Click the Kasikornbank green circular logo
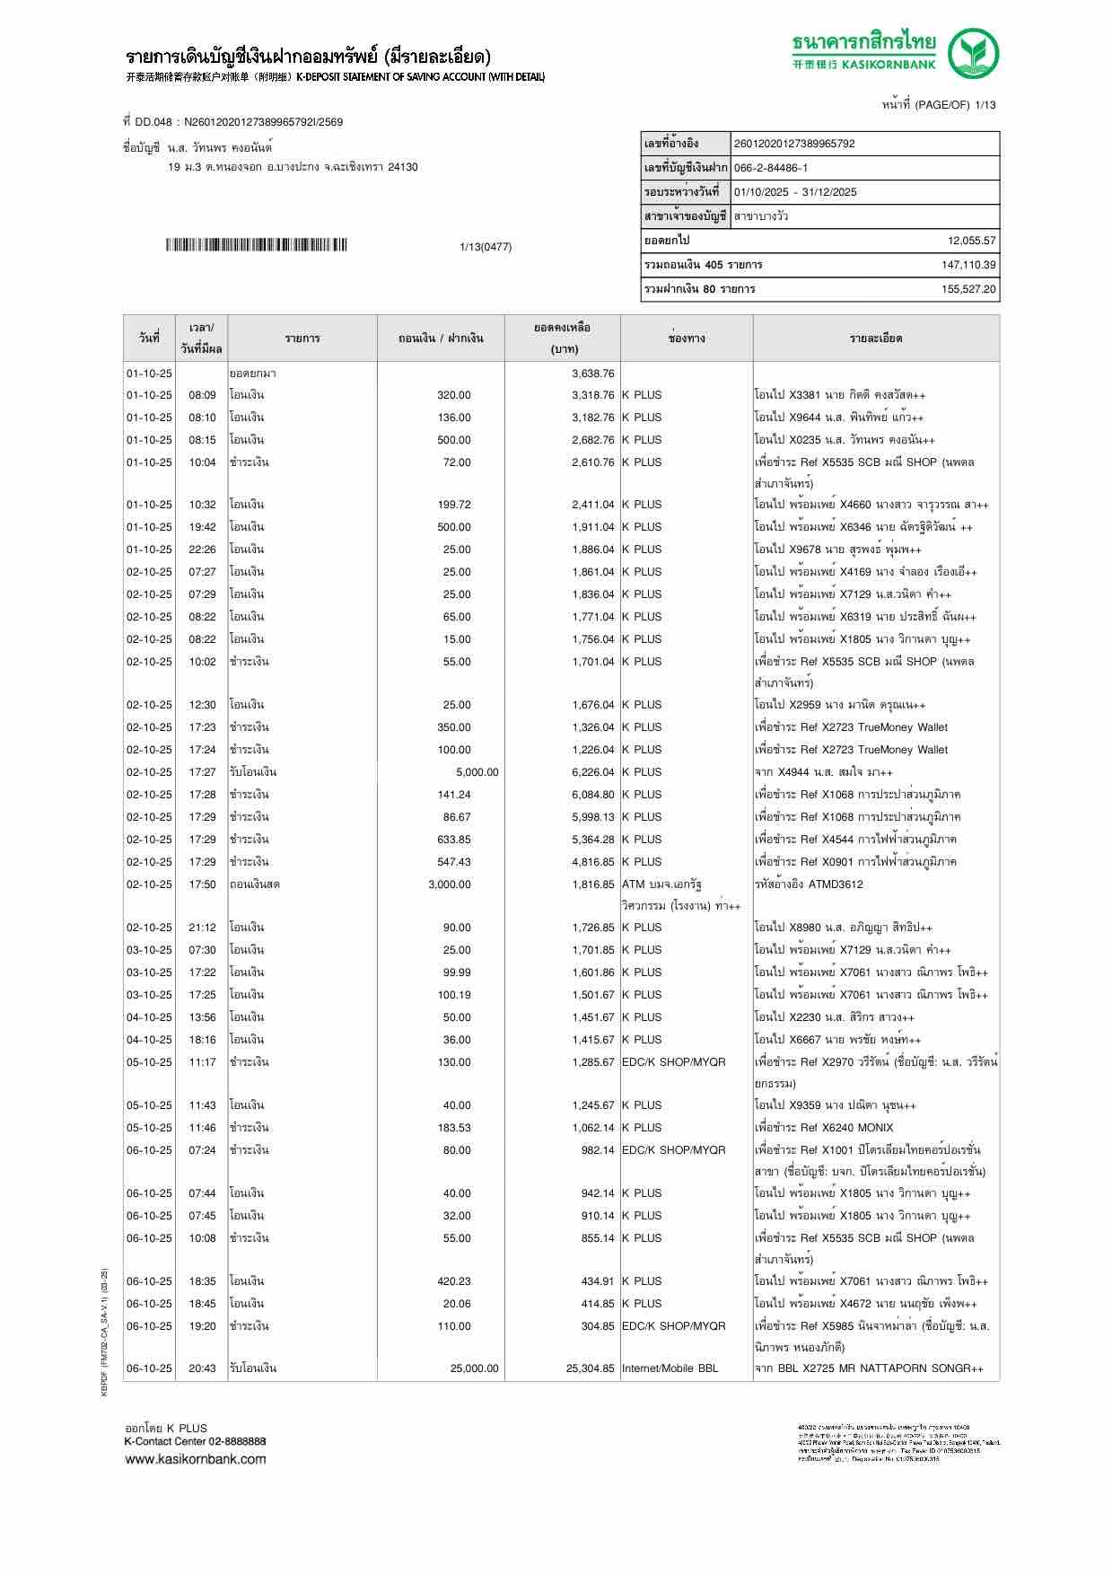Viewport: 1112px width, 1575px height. point(975,53)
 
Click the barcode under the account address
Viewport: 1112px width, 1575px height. point(256,245)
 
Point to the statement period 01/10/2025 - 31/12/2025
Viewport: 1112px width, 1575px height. point(795,192)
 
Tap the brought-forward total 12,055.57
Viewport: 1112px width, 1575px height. point(971,241)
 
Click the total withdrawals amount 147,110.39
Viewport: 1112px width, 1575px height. point(968,265)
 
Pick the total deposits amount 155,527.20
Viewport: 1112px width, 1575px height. point(968,289)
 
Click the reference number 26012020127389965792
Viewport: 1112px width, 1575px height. point(794,144)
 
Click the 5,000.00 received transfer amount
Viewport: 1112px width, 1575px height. point(477,772)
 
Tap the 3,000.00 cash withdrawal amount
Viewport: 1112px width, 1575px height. point(450,884)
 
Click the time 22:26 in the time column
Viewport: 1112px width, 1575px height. point(202,550)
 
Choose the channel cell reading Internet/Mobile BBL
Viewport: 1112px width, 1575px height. point(670,1368)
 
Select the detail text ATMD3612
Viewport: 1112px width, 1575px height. point(836,884)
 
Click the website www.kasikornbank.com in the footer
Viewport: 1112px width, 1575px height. point(196,1458)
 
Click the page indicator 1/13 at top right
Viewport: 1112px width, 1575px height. point(985,105)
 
